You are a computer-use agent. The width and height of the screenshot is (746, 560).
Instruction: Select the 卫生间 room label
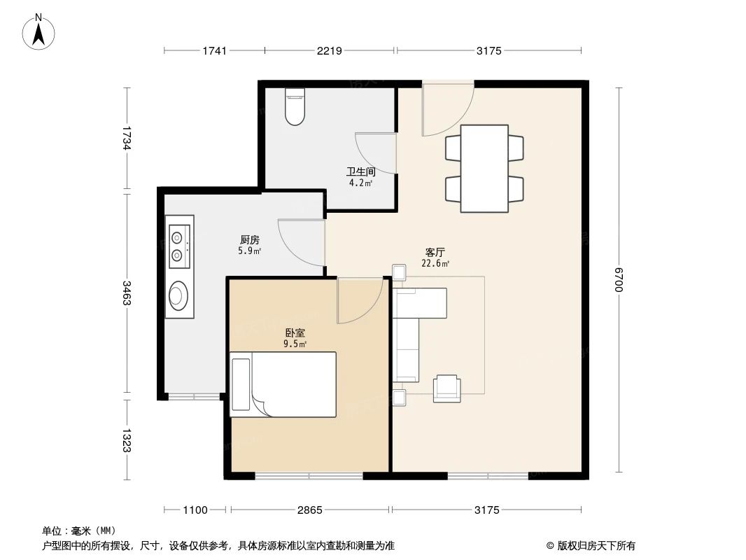pos(361,171)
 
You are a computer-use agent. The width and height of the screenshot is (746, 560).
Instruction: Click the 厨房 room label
pos(249,239)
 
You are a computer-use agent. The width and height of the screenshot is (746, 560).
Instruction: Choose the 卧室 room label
pos(294,334)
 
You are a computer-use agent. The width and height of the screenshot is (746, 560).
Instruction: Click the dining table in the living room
pos(484,168)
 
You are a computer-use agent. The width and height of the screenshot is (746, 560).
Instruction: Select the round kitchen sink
pos(178,295)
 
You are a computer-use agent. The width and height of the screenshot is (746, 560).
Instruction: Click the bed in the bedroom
pos(283,384)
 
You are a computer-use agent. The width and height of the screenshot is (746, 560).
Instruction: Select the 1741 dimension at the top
pos(214,51)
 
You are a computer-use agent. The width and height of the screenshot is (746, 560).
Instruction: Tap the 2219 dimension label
pos(329,51)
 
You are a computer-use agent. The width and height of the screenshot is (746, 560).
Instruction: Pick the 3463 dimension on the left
pos(127,293)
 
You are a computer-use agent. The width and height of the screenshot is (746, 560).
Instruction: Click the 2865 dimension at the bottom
pos(309,510)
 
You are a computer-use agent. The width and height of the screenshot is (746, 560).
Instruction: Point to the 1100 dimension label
pos(195,510)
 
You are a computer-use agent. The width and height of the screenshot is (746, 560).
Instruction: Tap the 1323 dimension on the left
pos(127,439)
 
